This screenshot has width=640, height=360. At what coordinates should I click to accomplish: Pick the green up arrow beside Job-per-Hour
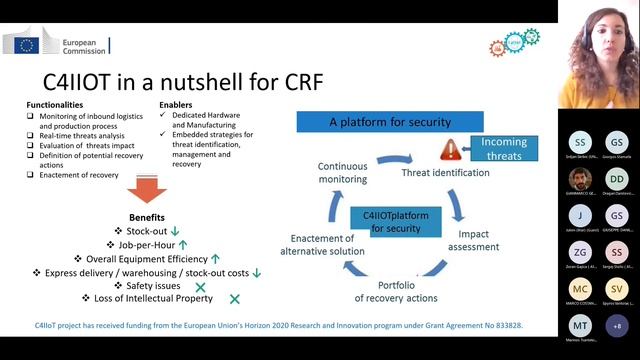183,244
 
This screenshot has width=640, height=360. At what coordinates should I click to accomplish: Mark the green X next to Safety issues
201,285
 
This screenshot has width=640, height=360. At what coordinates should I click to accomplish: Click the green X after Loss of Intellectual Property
235,298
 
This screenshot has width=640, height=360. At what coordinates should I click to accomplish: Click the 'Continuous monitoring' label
343,172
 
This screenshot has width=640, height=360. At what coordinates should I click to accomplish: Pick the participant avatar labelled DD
617,179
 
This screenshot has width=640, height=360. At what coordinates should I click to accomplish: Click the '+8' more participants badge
617,326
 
